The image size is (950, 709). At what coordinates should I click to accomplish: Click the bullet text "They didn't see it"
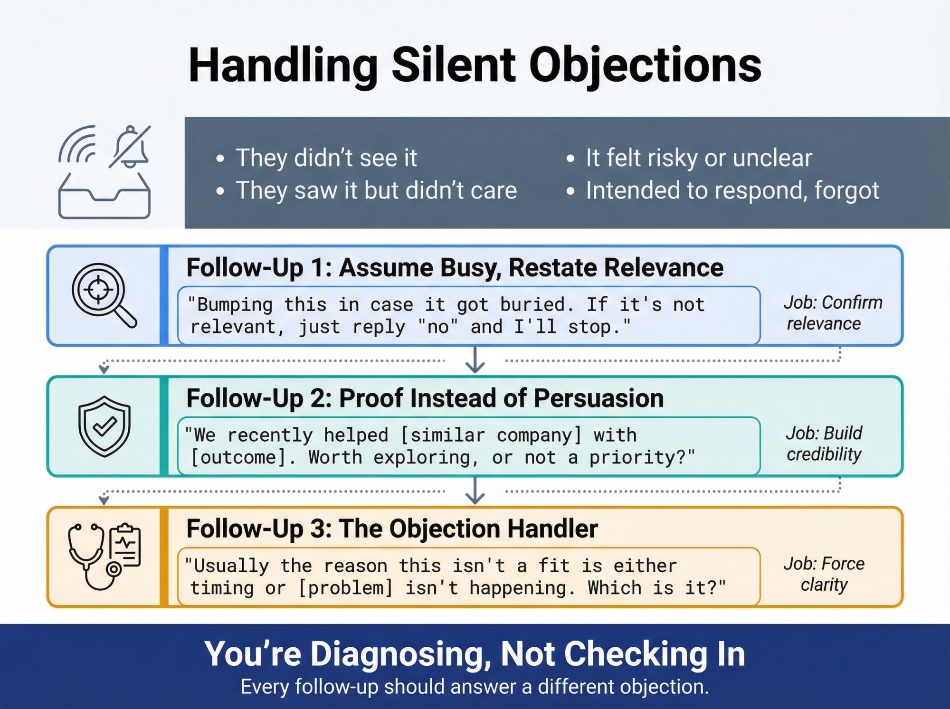coord(326,158)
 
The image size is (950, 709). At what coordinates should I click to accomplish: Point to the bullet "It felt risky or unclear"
coord(698,158)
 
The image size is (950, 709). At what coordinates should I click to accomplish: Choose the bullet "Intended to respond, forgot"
coord(732,190)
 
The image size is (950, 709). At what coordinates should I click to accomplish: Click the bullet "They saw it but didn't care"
coord(376,190)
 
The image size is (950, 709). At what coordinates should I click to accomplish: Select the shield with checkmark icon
coord(104,426)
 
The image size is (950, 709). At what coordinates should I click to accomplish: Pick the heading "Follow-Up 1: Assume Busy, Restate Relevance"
coord(455,268)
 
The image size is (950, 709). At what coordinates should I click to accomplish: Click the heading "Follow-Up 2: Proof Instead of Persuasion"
coord(425,398)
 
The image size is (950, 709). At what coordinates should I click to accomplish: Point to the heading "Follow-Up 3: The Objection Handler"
coord(392,529)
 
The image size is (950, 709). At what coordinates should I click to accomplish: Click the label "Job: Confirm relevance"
coord(832,313)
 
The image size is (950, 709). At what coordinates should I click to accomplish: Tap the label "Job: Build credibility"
coord(824,444)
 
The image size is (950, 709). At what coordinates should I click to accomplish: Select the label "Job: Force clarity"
coord(824,574)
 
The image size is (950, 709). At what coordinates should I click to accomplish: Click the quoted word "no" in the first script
coord(437,327)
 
